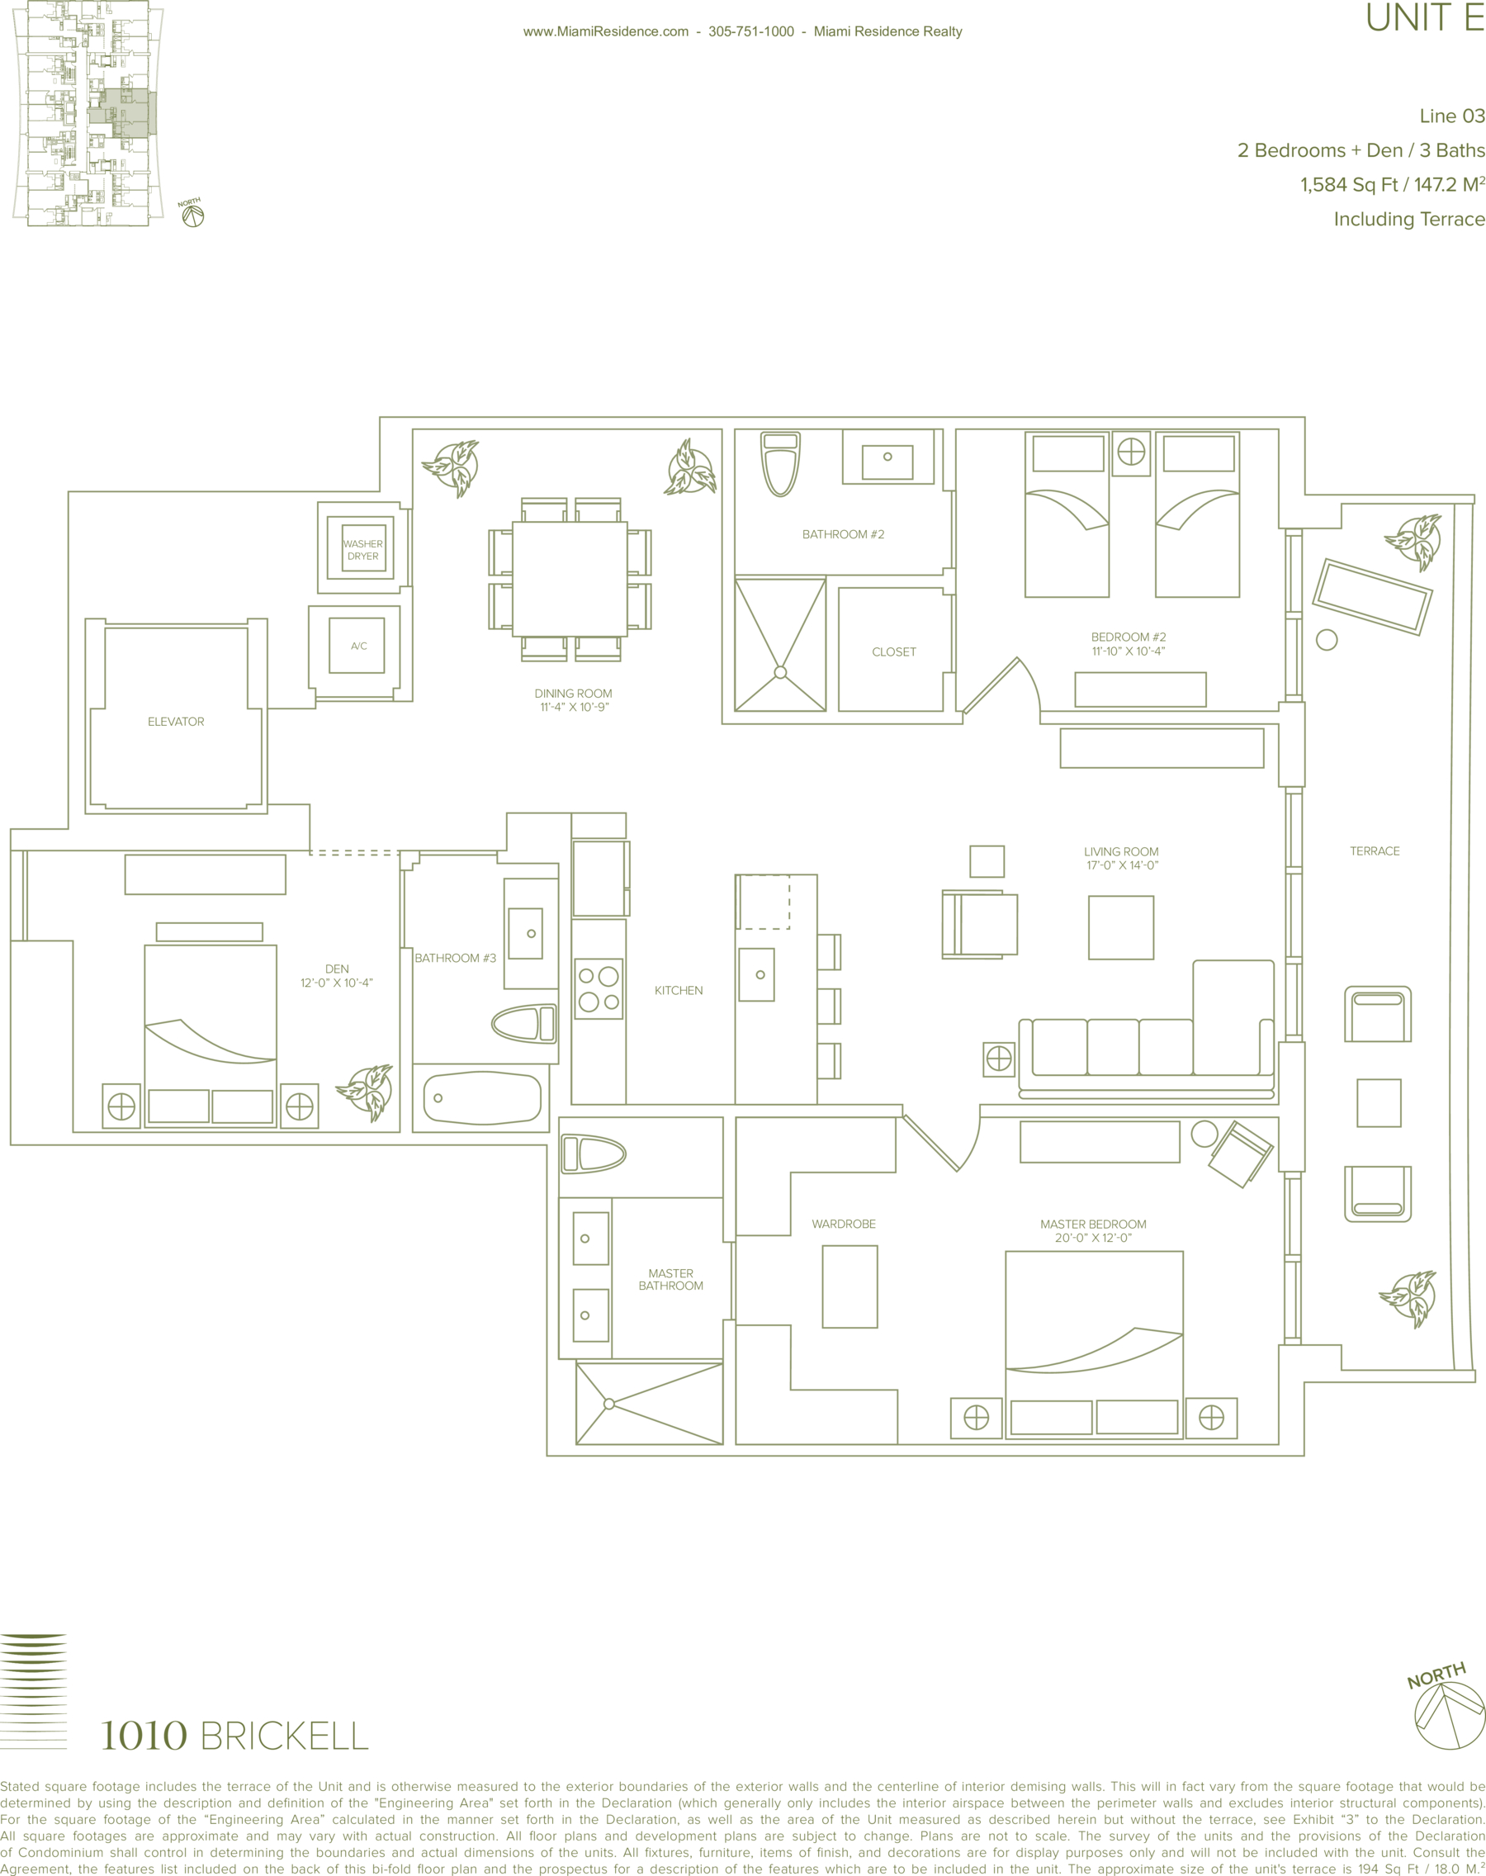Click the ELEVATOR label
(x=176, y=722)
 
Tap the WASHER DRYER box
(x=362, y=548)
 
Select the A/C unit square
(x=357, y=646)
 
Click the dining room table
(x=570, y=579)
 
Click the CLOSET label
(x=893, y=651)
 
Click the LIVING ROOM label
(x=1120, y=851)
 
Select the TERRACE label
(x=1375, y=851)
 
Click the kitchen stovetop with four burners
(x=599, y=989)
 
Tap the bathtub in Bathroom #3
(x=482, y=1098)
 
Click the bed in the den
(x=210, y=1035)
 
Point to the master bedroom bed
(x=1094, y=1344)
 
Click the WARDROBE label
(x=843, y=1224)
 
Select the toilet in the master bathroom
(x=594, y=1154)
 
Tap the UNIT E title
(x=1424, y=17)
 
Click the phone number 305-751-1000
(x=750, y=31)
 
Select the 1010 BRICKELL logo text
(x=234, y=1735)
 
